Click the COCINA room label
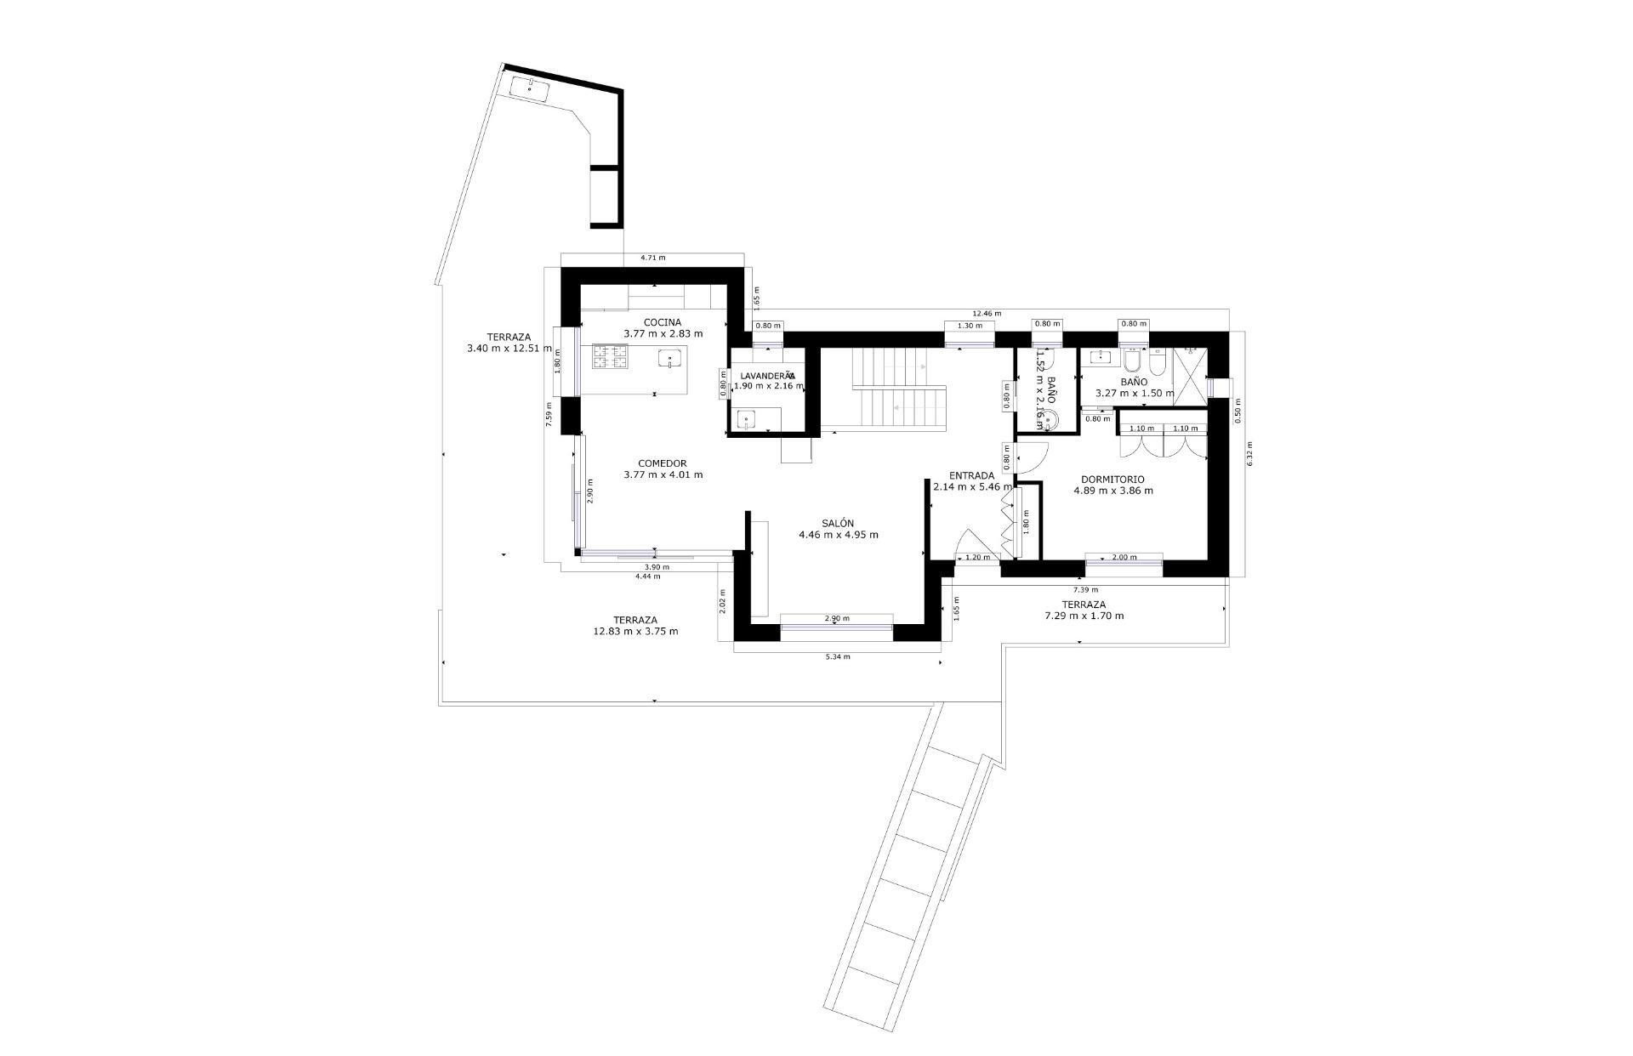tap(663, 322)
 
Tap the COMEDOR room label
tap(663, 463)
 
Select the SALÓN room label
tap(838, 524)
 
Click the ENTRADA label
tap(971, 476)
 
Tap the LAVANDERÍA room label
tap(767, 375)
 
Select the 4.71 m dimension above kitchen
tap(652, 258)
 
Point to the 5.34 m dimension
tap(838, 656)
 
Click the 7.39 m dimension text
tap(1085, 589)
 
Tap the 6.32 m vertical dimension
tap(1249, 454)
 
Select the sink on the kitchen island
tap(671, 360)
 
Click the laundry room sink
tap(748, 419)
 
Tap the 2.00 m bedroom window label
tap(1124, 558)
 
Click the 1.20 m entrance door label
tap(978, 558)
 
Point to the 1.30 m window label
tap(970, 326)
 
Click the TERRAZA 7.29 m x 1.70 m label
tap(1084, 610)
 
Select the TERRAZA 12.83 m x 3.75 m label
tap(635, 626)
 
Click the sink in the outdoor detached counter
tap(529, 87)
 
